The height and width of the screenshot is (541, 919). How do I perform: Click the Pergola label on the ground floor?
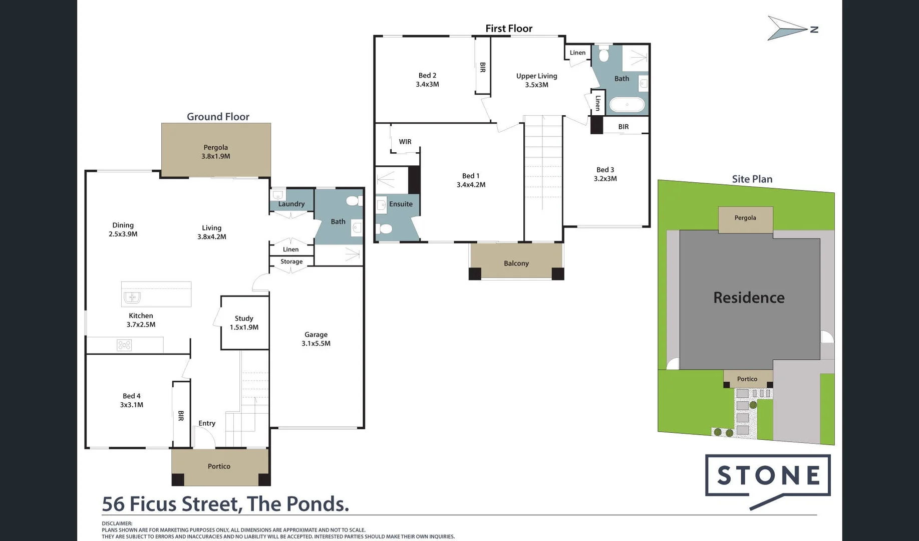pos(215,151)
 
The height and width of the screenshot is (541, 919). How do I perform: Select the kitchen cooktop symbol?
pos(124,345)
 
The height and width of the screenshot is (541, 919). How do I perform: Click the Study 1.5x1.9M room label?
pos(244,323)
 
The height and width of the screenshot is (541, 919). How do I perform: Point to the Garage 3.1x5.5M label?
pos(316,339)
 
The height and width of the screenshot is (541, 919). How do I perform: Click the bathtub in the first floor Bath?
pos(627,105)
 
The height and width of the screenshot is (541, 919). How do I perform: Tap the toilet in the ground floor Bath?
pos(353,201)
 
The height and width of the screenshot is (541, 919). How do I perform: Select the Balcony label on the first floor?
pos(516,263)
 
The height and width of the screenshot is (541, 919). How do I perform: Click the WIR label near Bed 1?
pos(405,142)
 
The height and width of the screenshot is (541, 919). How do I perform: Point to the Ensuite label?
pos(401,204)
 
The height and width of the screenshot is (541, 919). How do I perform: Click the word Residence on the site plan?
pos(748,298)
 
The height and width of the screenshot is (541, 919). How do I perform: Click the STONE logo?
pos(767,476)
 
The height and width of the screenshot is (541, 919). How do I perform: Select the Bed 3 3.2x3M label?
pos(605,174)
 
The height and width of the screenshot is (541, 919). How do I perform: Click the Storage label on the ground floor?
pos(291,261)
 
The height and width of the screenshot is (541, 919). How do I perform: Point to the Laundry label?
pos(291,204)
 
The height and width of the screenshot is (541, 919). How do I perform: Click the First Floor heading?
pos(508,29)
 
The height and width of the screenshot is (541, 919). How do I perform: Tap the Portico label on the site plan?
pos(747,379)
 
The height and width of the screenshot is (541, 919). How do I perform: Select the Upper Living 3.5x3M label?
pos(536,80)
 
